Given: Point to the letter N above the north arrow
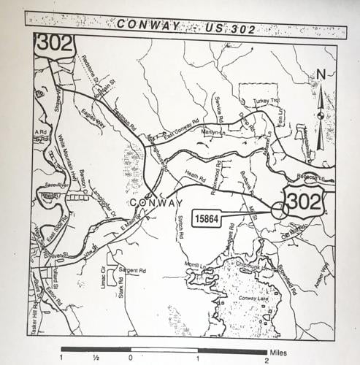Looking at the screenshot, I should [321, 74].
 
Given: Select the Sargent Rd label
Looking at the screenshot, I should [133, 269].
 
